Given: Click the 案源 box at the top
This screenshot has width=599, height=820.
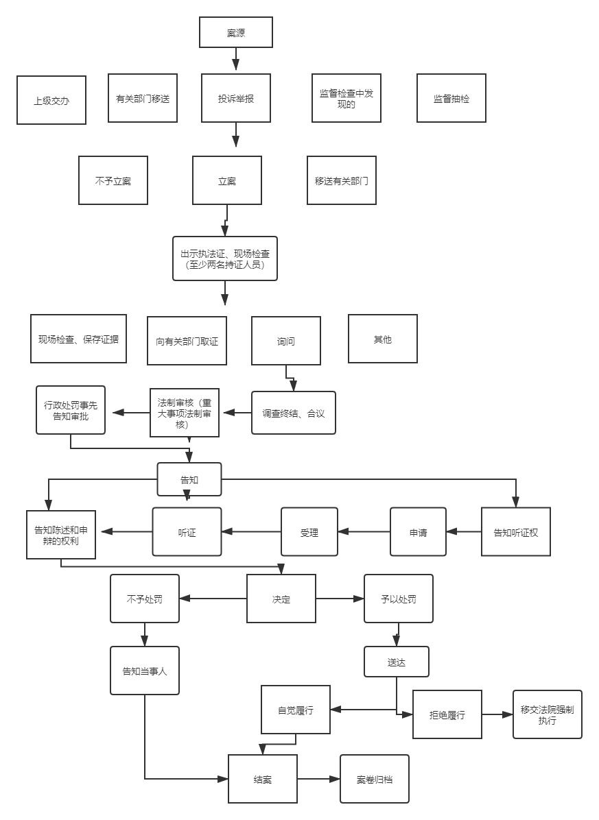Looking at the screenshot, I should tap(235, 32).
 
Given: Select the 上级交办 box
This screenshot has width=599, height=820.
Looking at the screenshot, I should tap(51, 100).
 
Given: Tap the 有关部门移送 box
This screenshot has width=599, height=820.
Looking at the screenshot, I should tap(143, 98).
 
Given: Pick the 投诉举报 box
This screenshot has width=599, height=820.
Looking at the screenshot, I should tap(236, 98).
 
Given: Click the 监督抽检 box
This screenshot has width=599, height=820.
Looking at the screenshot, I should tap(451, 98).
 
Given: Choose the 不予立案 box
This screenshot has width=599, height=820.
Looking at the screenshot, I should tap(113, 180).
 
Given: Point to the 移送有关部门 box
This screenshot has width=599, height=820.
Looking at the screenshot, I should tap(341, 180).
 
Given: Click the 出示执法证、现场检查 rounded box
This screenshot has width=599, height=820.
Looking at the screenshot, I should tap(225, 258).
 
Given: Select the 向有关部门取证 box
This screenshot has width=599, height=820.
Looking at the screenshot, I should tap(187, 341).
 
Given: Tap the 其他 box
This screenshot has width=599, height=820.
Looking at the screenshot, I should tap(382, 339).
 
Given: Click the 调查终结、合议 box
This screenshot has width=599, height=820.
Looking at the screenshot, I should tap(294, 413).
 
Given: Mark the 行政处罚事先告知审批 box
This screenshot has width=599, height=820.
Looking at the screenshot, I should tap(71, 410).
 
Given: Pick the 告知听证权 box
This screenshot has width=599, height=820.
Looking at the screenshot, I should tap(516, 531).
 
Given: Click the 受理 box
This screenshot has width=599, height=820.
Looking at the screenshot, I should tap(309, 531).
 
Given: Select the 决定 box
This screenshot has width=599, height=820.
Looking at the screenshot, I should tap(281, 599).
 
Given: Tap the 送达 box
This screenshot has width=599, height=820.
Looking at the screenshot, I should tap(397, 662).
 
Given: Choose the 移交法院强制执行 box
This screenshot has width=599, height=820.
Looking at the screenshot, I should tap(547, 714).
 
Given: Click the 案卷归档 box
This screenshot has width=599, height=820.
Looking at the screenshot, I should tap(375, 779).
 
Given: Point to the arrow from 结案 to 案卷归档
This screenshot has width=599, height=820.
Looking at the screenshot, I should tap(319, 779).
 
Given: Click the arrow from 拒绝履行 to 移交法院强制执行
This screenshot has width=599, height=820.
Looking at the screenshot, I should tap(497, 714).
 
